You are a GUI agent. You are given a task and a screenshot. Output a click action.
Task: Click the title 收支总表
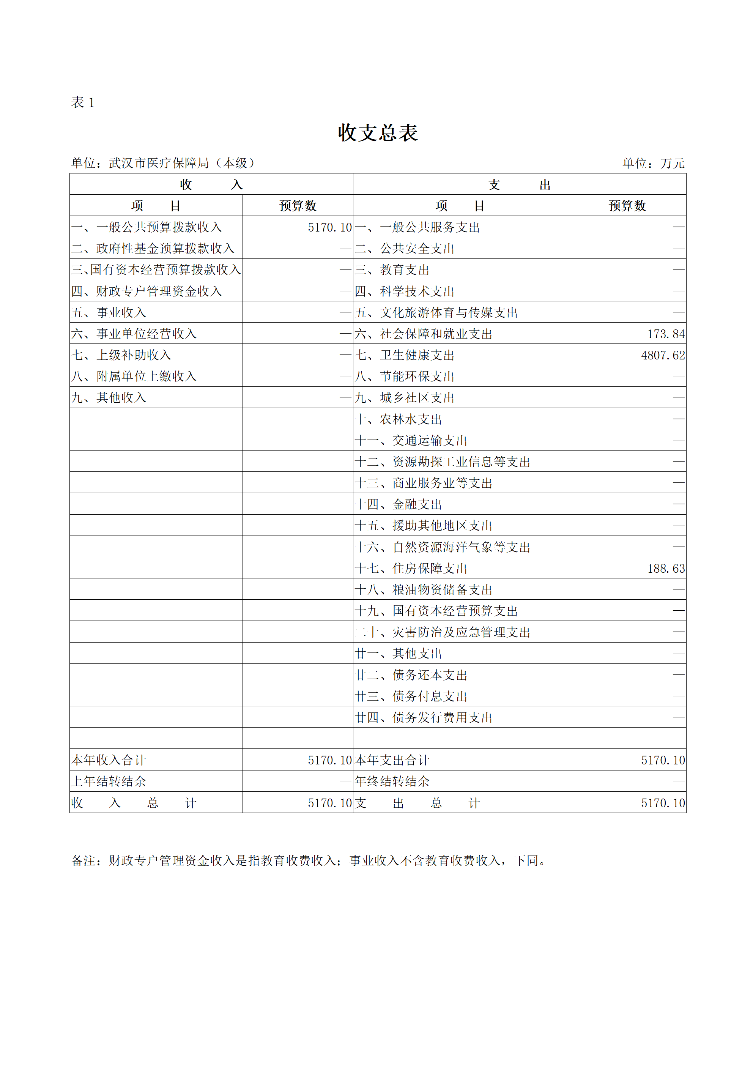(x=378, y=133)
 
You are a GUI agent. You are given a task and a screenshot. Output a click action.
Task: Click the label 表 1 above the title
(x=83, y=102)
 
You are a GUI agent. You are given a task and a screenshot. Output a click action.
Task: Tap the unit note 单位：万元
(x=653, y=163)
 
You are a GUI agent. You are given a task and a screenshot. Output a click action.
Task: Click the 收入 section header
(x=211, y=184)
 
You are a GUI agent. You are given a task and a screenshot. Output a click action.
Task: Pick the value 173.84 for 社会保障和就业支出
(x=666, y=334)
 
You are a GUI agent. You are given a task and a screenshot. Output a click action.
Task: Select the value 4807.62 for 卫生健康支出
(x=663, y=355)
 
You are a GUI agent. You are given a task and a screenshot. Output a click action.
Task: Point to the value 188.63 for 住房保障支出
(x=666, y=569)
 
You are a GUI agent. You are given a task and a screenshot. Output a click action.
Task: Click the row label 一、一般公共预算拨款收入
(x=147, y=227)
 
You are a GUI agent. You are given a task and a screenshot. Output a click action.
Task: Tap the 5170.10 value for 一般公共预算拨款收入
(x=329, y=227)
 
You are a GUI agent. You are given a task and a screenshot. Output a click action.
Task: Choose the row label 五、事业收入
(x=109, y=313)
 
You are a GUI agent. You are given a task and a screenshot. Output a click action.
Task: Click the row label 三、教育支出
(x=392, y=270)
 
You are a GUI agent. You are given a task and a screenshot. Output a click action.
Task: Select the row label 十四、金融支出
(x=398, y=505)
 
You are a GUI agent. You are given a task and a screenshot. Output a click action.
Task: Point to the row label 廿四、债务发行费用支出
(x=423, y=718)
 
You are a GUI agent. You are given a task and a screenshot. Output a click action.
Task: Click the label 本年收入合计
(x=109, y=760)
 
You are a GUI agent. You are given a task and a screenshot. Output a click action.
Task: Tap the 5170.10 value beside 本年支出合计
(x=663, y=760)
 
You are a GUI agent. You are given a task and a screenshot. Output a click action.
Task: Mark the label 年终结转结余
(x=392, y=781)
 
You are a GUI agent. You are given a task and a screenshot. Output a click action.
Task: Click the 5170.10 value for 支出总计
(x=663, y=803)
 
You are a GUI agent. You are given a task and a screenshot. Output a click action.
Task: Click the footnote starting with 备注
(x=309, y=861)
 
